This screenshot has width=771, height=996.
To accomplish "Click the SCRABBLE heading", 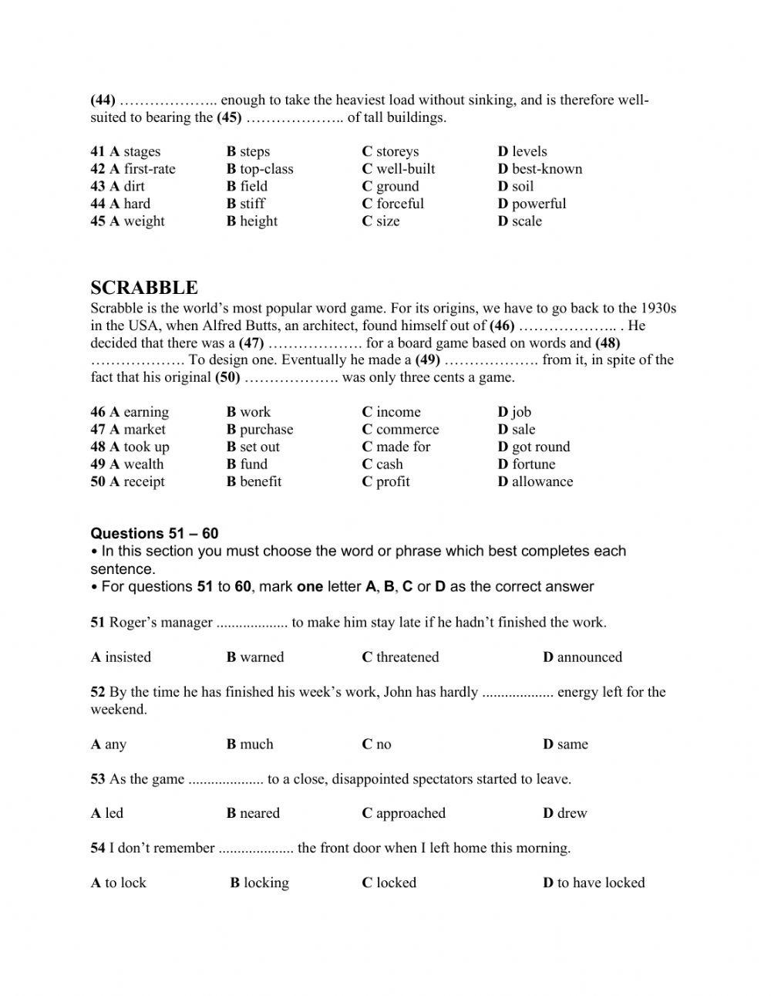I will point(144,288).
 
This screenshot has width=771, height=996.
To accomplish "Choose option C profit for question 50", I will point(385,481).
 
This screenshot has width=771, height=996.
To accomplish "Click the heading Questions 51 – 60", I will point(154,533).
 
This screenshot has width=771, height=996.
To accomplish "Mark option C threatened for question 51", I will point(400,657).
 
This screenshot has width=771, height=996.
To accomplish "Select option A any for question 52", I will point(108,744).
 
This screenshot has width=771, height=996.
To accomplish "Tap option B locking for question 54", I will point(259,883).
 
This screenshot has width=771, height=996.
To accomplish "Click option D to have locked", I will point(594,883).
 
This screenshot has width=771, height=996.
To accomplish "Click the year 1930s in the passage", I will point(655,308).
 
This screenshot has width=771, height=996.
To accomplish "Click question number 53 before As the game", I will point(98,779).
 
